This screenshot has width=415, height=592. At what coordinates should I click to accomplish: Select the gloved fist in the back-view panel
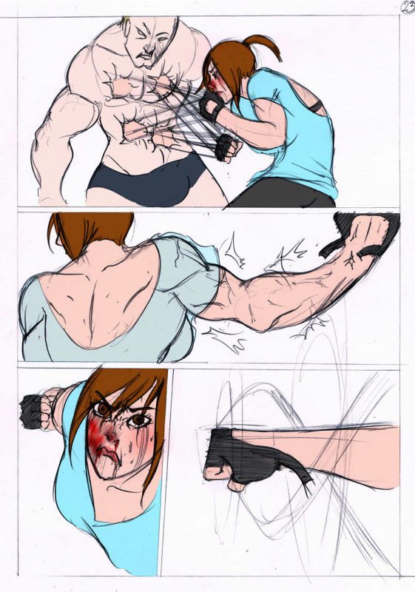point(367,237)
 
